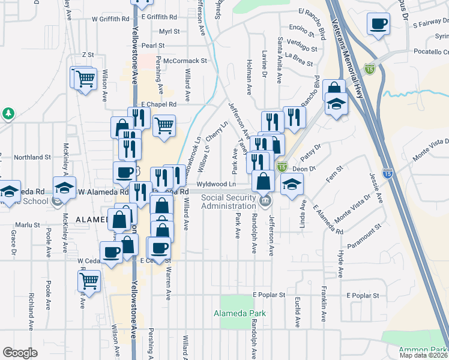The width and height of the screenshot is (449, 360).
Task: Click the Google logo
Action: point(20,353)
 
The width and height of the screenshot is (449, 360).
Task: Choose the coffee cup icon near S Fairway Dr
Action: point(378,24)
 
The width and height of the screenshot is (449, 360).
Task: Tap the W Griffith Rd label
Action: point(110,19)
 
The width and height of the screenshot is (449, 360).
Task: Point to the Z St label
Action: point(88,55)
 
